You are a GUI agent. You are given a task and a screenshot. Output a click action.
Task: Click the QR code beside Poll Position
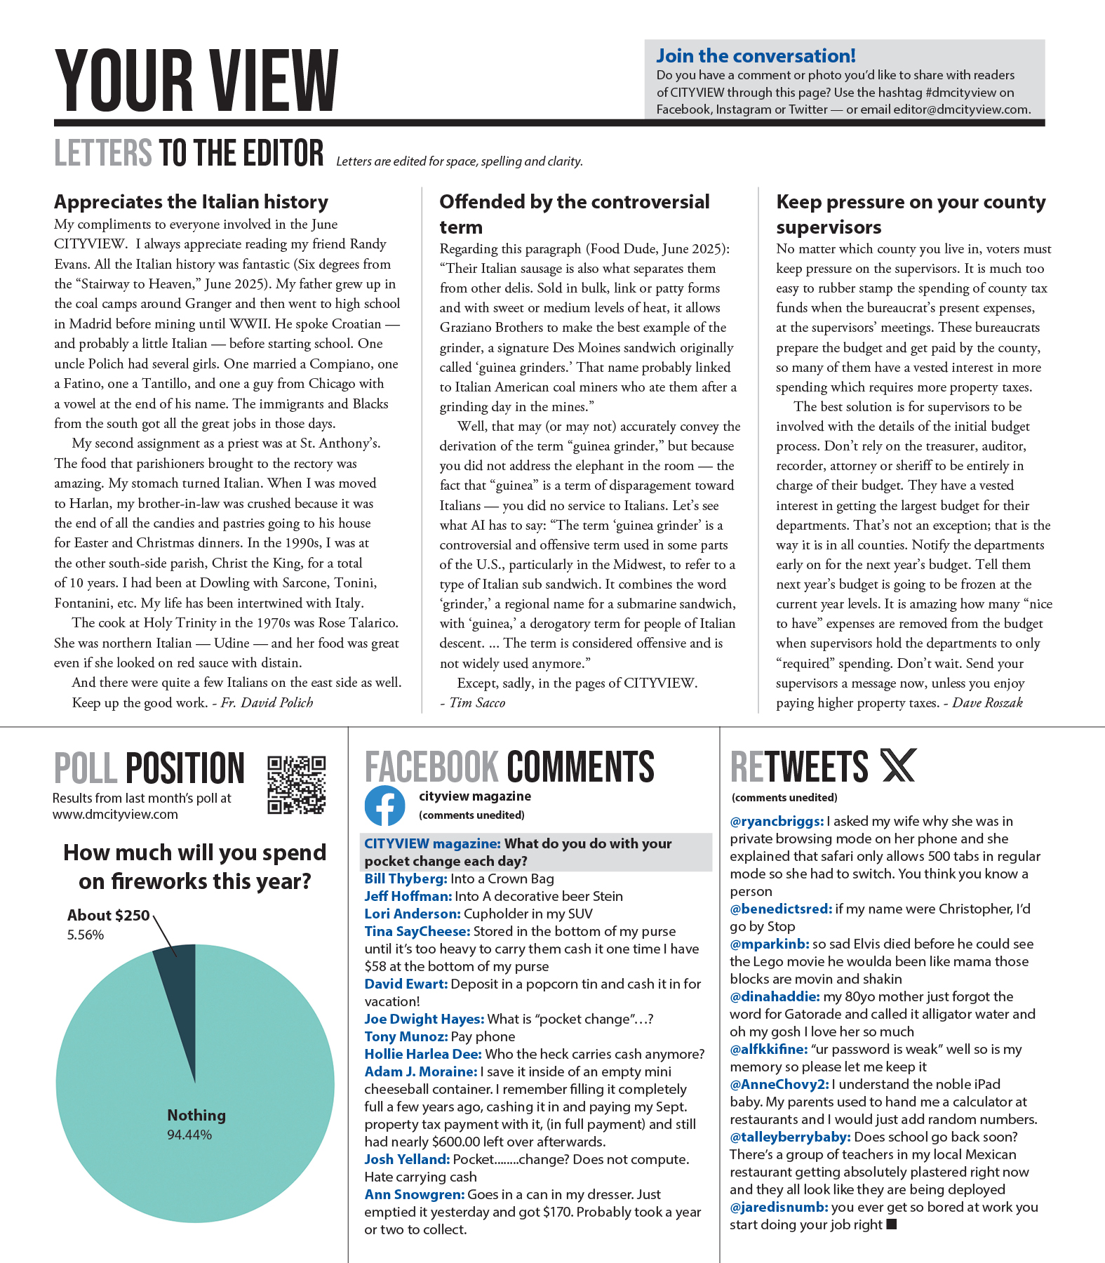coord(296,784)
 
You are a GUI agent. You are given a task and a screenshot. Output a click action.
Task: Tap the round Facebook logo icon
coord(384,806)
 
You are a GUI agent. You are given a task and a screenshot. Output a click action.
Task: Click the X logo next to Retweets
coord(898,766)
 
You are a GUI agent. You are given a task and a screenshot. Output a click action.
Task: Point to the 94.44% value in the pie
coord(189,1135)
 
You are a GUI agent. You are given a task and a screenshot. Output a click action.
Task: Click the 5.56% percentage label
coord(86,935)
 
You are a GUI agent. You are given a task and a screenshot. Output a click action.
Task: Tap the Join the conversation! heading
coord(756,56)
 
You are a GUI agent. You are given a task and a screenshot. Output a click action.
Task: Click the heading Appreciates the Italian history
coord(191,202)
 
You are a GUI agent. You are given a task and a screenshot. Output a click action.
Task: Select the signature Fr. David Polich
coord(267,702)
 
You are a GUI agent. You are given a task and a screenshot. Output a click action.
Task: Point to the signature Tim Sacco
coord(476,702)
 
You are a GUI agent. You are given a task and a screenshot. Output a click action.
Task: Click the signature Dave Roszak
coord(987,702)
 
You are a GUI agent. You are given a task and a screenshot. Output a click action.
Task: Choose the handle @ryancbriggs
coord(777,821)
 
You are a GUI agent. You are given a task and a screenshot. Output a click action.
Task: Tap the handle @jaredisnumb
coord(779,1207)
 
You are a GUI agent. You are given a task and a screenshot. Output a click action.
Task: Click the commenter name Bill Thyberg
coord(406,878)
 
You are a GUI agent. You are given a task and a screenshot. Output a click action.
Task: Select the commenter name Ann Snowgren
coord(414,1194)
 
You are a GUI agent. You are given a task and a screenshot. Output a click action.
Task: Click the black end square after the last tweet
coord(892,1224)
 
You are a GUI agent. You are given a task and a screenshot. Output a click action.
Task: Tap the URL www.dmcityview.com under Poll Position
coord(115,815)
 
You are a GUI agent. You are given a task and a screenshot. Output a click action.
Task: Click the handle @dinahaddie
coord(775,996)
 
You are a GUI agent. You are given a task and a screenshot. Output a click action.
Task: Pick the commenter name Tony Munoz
coord(406,1036)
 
